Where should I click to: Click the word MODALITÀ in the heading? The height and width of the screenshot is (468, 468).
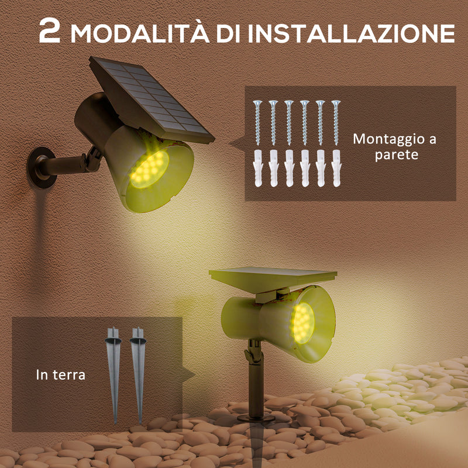click(137, 33)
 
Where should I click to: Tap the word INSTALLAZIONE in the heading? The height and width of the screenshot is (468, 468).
click(350, 33)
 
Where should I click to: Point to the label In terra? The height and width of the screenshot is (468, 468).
click(60, 374)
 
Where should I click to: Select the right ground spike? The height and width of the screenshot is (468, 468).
click(138, 374)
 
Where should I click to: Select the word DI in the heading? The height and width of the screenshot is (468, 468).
click(229, 33)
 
